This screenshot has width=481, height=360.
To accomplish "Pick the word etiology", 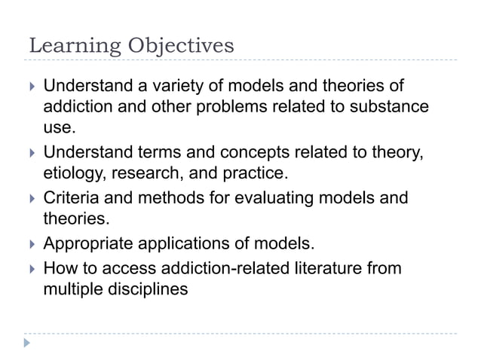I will click(74, 174).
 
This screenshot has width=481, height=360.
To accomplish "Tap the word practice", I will click(250, 174).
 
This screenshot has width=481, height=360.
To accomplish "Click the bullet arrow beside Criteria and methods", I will click(30, 199).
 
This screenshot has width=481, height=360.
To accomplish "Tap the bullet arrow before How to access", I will click(30, 268).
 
